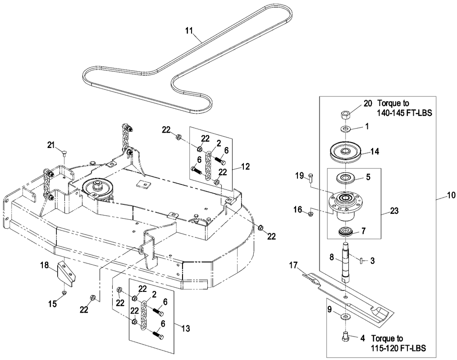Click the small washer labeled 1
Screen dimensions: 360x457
click(x=346, y=129)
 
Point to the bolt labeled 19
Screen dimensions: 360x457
click(x=311, y=179)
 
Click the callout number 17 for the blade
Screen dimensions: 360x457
click(x=294, y=266)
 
